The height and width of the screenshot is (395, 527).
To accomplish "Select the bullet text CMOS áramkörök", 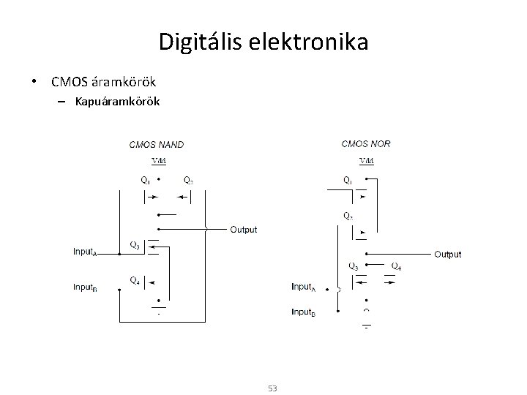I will (x=103, y=80).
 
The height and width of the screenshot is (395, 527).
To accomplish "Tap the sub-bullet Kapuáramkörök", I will (x=117, y=100).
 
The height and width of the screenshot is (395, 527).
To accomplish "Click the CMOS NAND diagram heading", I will (x=157, y=145).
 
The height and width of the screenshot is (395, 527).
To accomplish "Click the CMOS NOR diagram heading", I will (x=366, y=143).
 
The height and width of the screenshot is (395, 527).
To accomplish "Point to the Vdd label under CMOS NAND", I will (x=158, y=161).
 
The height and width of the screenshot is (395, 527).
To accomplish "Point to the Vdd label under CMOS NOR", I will (x=367, y=161).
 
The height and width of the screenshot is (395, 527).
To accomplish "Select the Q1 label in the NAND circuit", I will (x=146, y=180).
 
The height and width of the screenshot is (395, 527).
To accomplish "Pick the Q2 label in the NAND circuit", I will (x=189, y=180).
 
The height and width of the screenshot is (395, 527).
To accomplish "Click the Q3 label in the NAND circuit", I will (x=135, y=244).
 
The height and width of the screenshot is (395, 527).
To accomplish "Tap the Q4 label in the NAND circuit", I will (x=135, y=279).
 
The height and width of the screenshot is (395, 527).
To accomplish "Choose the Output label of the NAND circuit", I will (x=244, y=230).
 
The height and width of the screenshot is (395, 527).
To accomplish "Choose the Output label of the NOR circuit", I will (x=447, y=255).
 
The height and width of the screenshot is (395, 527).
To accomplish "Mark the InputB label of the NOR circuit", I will (x=304, y=312).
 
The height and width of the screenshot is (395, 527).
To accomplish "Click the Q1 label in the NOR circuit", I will (x=347, y=180).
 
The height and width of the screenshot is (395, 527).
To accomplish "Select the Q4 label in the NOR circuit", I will (x=396, y=266).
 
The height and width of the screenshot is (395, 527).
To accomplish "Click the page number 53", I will (x=272, y=388).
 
